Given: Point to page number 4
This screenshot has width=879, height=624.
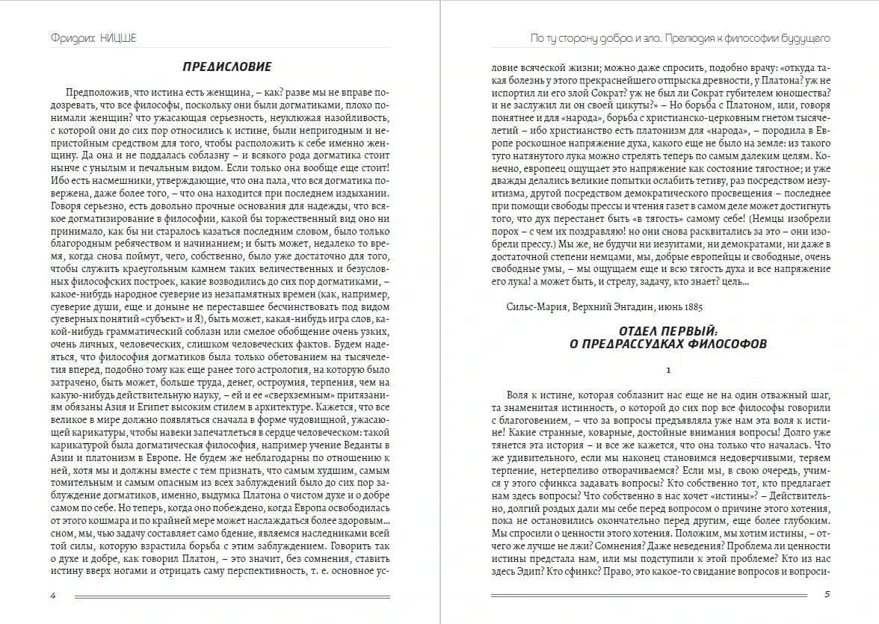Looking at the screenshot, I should (52, 596).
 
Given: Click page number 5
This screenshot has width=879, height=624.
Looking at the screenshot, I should (827, 596).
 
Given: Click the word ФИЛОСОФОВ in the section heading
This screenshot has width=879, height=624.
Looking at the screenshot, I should (721, 344).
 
